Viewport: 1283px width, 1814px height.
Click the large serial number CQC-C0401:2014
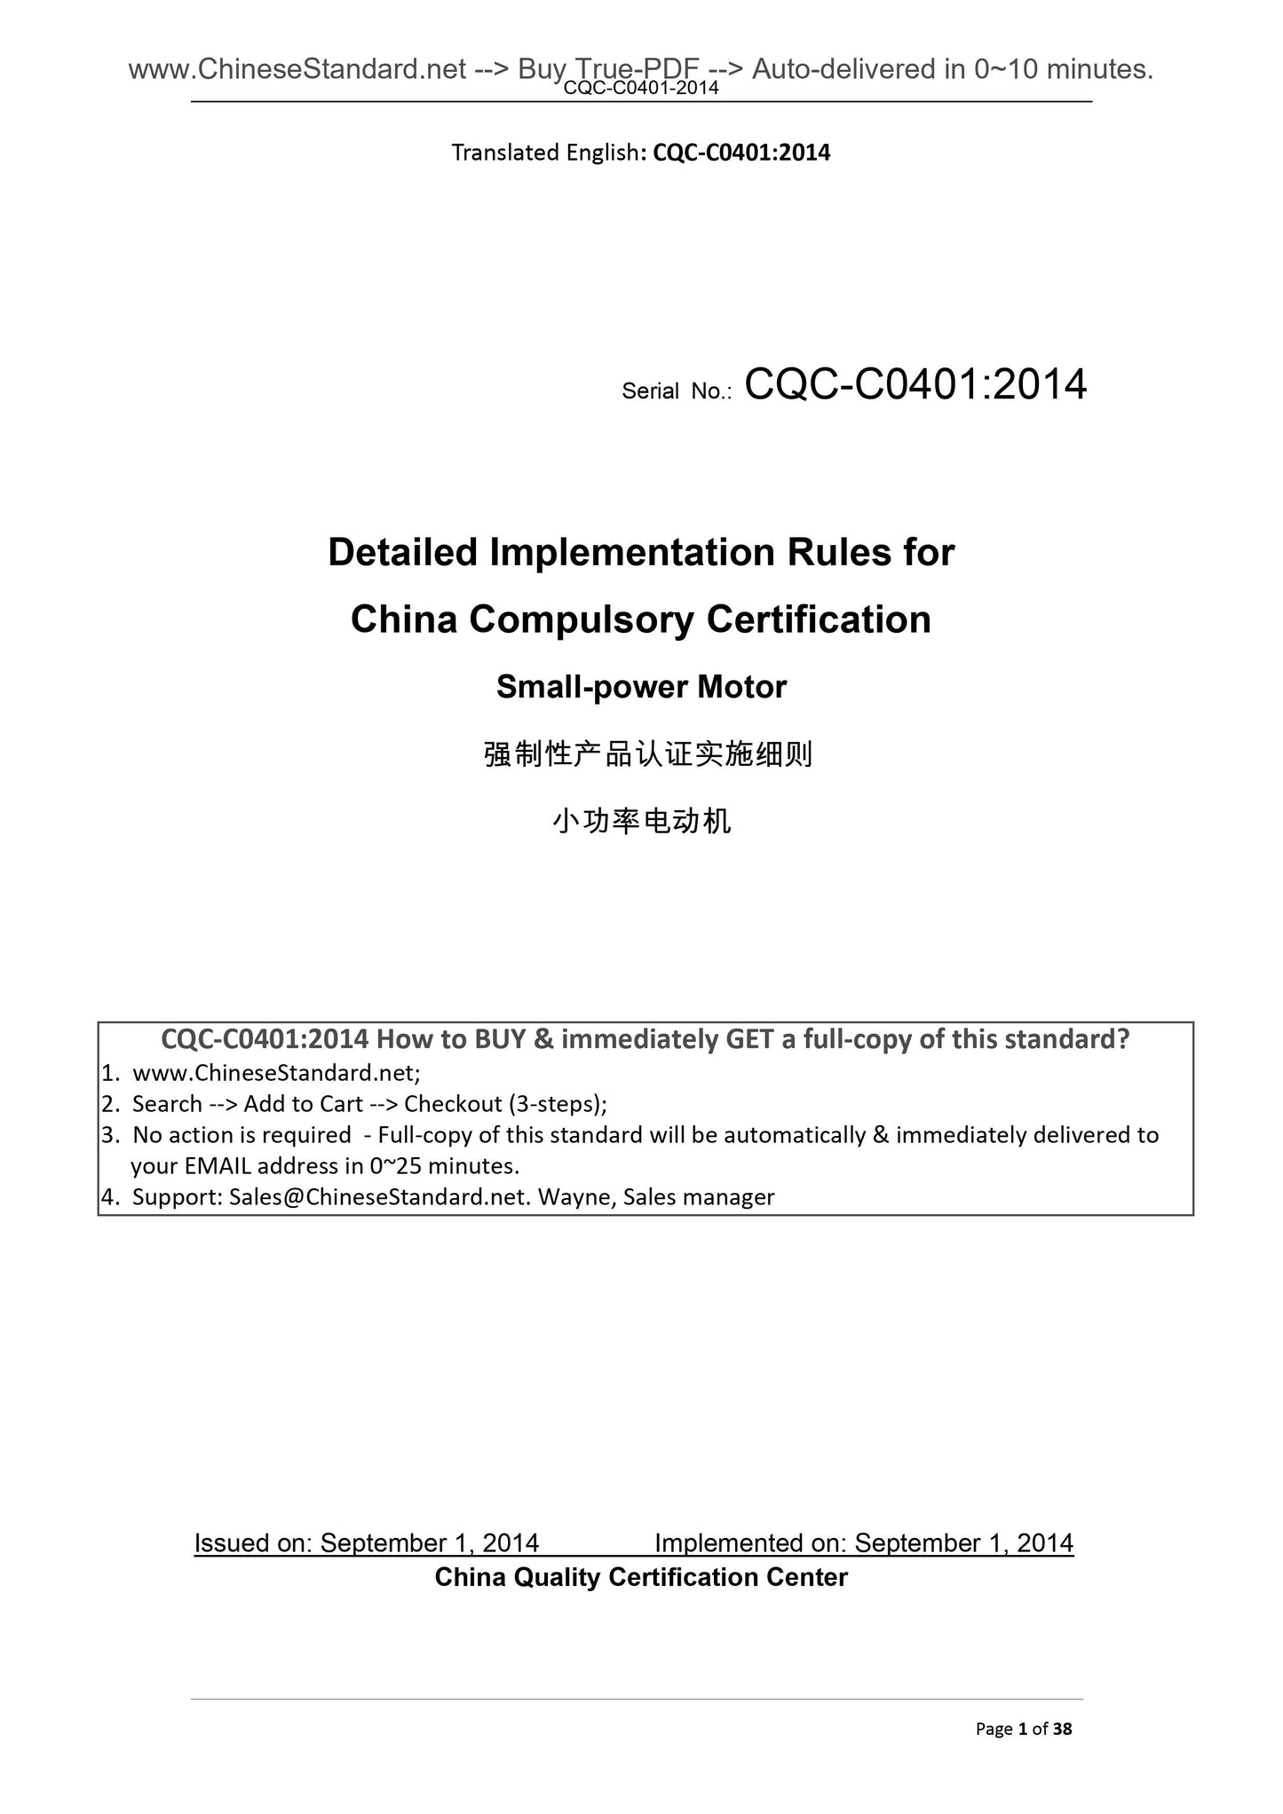tap(915, 385)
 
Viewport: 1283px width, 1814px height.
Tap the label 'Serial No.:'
tap(676, 391)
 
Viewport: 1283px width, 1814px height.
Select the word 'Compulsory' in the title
tap(581, 619)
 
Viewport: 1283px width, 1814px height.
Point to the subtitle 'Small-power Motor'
tap(641, 687)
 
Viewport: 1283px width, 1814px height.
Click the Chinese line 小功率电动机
tap(641, 822)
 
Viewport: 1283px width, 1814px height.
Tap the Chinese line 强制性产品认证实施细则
tap(648, 755)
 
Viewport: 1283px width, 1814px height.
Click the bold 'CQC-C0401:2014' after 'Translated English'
tap(741, 153)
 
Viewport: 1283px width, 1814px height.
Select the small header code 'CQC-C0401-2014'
tap(641, 88)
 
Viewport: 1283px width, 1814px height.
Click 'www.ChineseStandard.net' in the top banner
tap(297, 68)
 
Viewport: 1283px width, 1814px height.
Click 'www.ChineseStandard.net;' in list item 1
tap(276, 1073)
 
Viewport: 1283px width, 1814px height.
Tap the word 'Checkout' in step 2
tap(453, 1104)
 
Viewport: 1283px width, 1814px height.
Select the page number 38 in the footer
tap(1063, 1728)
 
